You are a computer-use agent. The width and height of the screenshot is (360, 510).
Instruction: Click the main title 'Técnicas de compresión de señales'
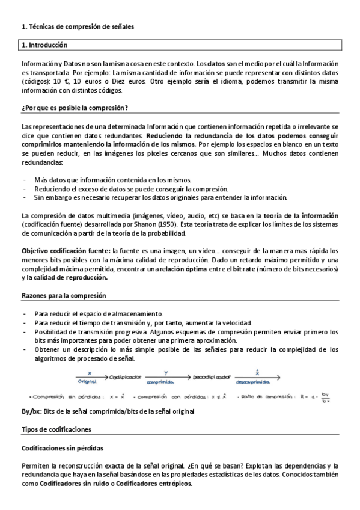(x=81, y=26)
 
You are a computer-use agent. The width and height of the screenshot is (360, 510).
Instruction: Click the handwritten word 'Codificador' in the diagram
(x=126, y=376)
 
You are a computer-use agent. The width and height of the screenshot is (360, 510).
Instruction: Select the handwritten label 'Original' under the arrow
(x=89, y=381)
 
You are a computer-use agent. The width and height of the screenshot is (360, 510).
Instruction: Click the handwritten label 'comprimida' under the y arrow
(x=160, y=381)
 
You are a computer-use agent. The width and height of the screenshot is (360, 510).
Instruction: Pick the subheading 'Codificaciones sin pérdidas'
(x=62, y=448)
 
